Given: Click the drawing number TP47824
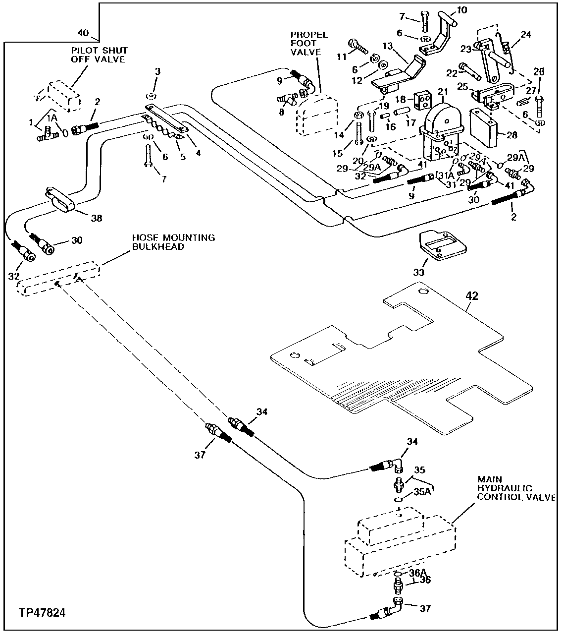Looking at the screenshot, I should tap(42, 613).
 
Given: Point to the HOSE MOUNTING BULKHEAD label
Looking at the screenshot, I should tap(173, 242).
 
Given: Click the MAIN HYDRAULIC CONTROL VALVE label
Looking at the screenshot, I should tap(515, 488).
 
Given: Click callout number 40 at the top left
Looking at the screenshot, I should tap(84, 33).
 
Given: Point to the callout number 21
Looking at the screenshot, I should tap(442, 91).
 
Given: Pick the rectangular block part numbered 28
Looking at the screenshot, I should tap(483, 128).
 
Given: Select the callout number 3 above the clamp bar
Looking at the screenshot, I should tap(157, 72).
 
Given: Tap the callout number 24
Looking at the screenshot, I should tap(525, 35).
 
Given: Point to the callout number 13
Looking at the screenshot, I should tap(387, 46).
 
